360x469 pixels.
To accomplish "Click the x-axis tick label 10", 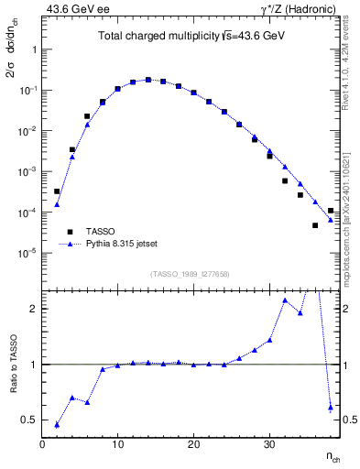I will pyautogui.click(x=117, y=445).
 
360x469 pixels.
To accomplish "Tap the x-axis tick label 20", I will pyautogui.click(x=193, y=445).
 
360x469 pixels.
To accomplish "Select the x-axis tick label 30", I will pyautogui.click(x=268, y=445).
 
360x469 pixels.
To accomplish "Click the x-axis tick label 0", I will pyautogui.click(x=42, y=445).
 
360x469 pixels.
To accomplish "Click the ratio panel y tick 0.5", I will pyautogui.click(x=28, y=420).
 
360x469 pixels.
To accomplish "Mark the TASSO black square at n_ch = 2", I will pyautogui.click(x=57, y=191).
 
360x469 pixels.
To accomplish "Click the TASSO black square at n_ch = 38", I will pyautogui.click(x=330, y=211).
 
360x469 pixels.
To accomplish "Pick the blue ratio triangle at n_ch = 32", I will pyautogui.click(x=285, y=300).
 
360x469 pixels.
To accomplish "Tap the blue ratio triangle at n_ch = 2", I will pyautogui.click(x=57, y=424).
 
